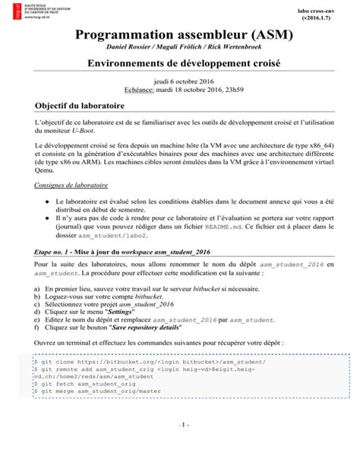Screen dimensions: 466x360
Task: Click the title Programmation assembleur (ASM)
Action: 180,36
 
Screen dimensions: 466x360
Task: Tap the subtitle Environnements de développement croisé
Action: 180,66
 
